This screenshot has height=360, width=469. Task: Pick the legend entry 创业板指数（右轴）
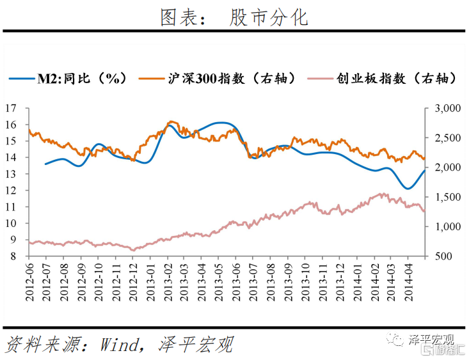(x=396, y=78)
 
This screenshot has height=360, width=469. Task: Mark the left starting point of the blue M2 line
(x=45, y=164)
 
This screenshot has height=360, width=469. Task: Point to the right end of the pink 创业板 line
(x=424, y=212)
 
